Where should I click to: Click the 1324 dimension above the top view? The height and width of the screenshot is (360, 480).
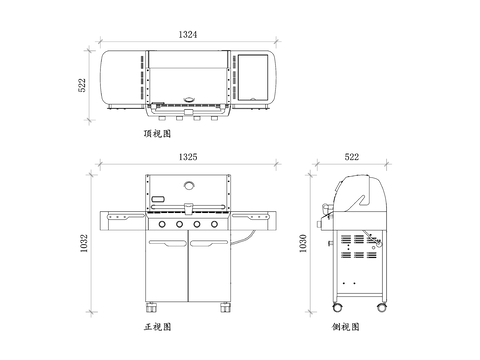[188, 34]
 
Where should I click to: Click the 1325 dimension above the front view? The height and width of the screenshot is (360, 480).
[188, 157]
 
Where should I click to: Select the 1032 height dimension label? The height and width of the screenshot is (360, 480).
[84, 243]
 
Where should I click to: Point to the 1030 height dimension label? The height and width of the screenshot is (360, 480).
[303, 243]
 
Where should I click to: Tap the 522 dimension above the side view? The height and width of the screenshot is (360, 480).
[352, 157]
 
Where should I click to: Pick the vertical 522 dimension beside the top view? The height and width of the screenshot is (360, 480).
[82, 85]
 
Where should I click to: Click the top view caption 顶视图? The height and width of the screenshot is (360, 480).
[157, 134]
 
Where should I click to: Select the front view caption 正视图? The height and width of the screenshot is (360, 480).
[157, 327]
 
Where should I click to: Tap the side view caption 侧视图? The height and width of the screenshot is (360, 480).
[346, 327]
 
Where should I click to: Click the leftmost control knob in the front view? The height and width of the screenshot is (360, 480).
[162, 224]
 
